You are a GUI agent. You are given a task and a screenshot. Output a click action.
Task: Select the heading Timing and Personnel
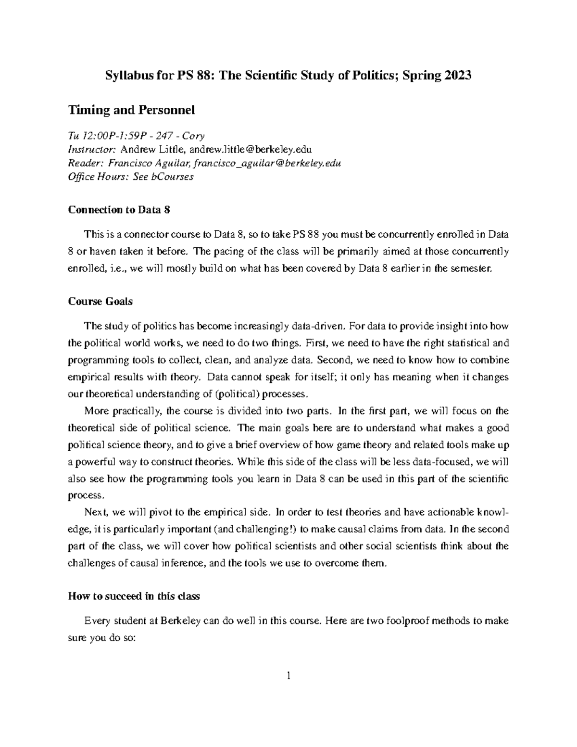(x=131, y=110)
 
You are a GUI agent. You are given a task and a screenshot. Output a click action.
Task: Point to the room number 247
(x=156, y=136)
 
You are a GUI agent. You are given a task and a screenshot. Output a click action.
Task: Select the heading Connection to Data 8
(x=119, y=210)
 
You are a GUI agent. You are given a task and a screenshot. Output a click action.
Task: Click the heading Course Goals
(x=100, y=302)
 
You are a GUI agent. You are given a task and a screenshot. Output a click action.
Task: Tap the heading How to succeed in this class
(x=134, y=596)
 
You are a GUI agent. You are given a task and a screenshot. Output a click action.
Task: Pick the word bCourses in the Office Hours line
(x=173, y=177)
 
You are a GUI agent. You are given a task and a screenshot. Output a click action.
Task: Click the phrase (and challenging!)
(x=254, y=529)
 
